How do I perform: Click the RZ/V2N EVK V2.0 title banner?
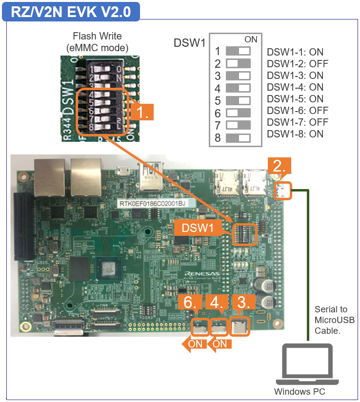pyautogui.click(x=71, y=12)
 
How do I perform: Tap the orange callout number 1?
pyautogui.click(x=142, y=112)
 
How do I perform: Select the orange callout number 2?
pyautogui.click(x=279, y=166)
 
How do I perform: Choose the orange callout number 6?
pyautogui.click(x=191, y=303)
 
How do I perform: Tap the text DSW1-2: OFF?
pyautogui.click(x=297, y=64)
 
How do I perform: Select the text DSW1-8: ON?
pyautogui.click(x=295, y=134)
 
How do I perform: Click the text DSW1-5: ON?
pyautogui.click(x=295, y=99)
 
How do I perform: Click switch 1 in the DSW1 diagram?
pyautogui.click(x=238, y=51)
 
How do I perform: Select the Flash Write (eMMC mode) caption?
pyautogui.click(x=97, y=42)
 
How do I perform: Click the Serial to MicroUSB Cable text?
pyautogui.click(x=334, y=320)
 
